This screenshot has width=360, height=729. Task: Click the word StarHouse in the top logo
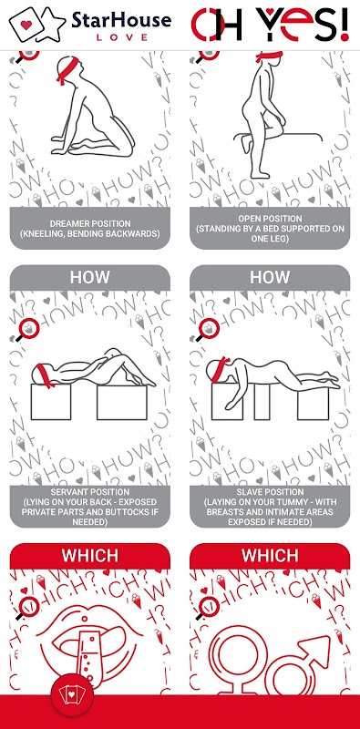tap(121, 19)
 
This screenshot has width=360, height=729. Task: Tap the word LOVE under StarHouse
tap(122, 37)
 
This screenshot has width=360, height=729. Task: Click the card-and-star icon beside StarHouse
tap(37, 24)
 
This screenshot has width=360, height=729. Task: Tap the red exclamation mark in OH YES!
tap(344, 25)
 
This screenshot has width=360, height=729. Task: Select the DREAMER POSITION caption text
tap(90, 229)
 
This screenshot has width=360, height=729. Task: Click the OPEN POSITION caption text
tap(270, 229)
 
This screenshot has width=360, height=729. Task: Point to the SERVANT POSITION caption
tap(90, 507)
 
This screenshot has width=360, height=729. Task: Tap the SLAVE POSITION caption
tap(270, 507)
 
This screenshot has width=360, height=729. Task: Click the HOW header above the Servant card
tap(90, 277)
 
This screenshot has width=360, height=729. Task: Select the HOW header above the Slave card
tap(270, 277)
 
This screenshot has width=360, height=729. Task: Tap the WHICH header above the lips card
tap(90, 555)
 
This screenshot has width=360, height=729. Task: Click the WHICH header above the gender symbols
tap(270, 555)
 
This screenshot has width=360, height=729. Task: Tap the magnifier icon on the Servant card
tap(28, 330)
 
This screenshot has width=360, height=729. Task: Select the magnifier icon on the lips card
tap(28, 607)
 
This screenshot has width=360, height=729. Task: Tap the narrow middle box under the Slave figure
tap(262, 403)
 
